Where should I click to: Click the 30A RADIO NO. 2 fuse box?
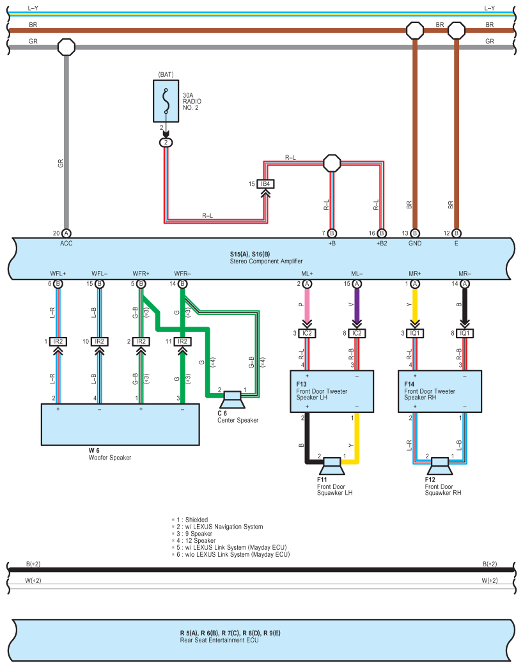click(166, 101)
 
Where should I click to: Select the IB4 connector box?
click(265, 184)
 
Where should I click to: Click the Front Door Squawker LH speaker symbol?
click(332, 466)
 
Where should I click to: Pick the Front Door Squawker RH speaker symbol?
click(440, 466)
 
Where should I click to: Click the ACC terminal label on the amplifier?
click(66, 244)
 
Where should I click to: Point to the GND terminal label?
click(415, 244)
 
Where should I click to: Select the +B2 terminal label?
click(382, 244)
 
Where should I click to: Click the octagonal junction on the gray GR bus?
click(66, 47)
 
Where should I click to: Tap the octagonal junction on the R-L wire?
click(332, 163)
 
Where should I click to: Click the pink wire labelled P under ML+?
click(307, 305)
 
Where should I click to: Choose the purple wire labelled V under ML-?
click(357, 305)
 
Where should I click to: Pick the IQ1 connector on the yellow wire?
click(415, 333)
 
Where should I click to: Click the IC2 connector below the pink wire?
click(307, 333)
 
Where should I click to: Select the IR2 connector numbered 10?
click(99, 341)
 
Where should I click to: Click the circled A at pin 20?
click(66, 233)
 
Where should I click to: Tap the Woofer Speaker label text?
click(110, 458)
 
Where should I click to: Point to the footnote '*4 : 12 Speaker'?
click(194, 541)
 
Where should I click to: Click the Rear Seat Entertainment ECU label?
click(219, 640)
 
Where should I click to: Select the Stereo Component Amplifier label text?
click(267, 261)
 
